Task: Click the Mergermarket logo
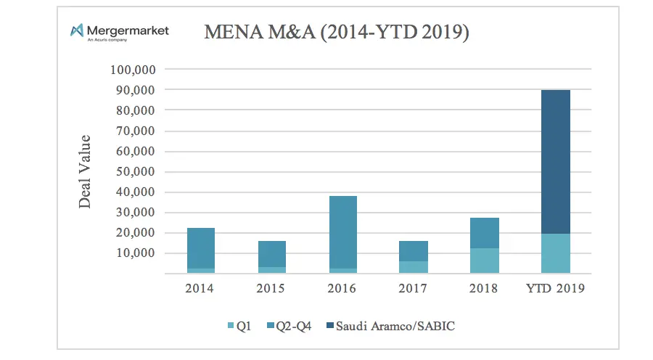[119, 32]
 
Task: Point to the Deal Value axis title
[86, 171]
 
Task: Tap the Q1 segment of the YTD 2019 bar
[556, 253]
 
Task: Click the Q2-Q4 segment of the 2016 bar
[342, 232]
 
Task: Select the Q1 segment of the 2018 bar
[485, 261]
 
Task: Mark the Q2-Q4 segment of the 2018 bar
[485, 233]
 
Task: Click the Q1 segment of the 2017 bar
[414, 267]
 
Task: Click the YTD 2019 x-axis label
[556, 288]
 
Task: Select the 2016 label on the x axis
[342, 288]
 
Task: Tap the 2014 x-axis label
[201, 288]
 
